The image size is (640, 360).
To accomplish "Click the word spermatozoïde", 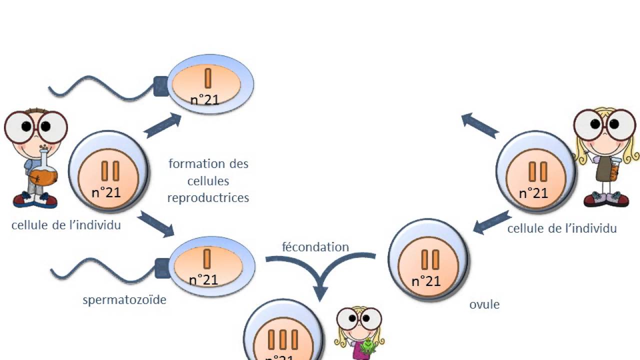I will [x=124, y=300].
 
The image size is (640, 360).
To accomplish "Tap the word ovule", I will [x=484, y=304].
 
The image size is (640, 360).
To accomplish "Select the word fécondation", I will [x=315, y=247].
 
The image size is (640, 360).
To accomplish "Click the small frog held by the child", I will [x=368, y=345].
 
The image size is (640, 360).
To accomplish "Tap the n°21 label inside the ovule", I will [x=425, y=281].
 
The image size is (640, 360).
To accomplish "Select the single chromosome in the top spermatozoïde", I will [x=208, y=79].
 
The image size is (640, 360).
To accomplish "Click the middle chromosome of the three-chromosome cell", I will [x=283, y=339].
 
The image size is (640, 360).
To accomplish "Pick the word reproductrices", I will [x=208, y=197].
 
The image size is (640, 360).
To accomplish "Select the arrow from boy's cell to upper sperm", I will [x=162, y=125].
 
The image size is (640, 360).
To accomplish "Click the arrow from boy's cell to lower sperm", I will [x=155, y=223].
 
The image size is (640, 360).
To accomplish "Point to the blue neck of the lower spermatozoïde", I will [x=162, y=268].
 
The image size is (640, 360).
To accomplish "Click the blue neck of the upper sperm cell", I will [x=160, y=86].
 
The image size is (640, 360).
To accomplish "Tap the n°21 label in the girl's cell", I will [x=533, y=193].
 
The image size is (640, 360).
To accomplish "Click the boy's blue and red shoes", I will [x=35, y=200].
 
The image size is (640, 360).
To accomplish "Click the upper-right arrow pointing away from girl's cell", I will [x=479, y=125].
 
